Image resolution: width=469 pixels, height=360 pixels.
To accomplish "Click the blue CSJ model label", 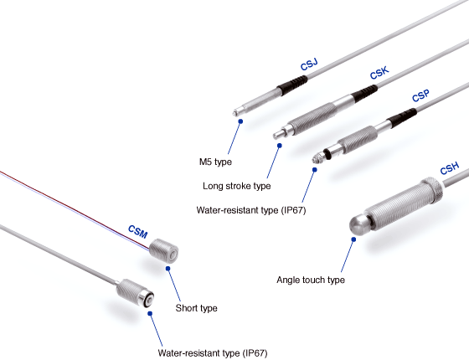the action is pyautogui.click(x=309, y=64).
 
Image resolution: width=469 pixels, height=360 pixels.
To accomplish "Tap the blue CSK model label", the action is pyautogui.click(x=379, y=73).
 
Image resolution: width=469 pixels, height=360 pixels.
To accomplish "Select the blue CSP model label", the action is pyautogui.click(x=420, y=95).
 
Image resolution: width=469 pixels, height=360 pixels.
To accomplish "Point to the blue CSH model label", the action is pyautogui.click(x=449, y=168).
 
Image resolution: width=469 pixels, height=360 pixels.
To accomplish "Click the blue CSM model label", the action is pyautogui.click(x=137, y=232).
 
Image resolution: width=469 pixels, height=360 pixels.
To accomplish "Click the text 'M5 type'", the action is pyautogui.click(x=215, y=162).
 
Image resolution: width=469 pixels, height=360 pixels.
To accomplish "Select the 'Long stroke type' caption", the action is pyautogui.click(x=236, y=186).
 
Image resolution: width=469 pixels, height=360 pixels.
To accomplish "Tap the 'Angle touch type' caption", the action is pyautogui.click(x=311, y=280).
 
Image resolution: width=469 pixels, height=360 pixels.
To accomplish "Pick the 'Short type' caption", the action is pyautogui.click(x=196, y=308).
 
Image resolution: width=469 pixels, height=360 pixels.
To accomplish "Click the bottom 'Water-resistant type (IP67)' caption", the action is pyautogui.click(x=213, y=353).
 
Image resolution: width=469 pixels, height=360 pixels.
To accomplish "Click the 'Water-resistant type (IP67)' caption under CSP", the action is pyautogui.click(x=251, y=210).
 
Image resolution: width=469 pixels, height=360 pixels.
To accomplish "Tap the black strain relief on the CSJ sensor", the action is pyautogui.click(x=292, y=85).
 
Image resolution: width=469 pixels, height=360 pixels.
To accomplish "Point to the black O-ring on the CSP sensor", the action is pyautogui.click(x=327, y=153).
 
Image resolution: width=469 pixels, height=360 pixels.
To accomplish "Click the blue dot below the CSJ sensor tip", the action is pyautogui.click(x=240, y=121).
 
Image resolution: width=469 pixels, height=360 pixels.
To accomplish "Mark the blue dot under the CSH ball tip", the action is pyautogui.click(x=353, y=239).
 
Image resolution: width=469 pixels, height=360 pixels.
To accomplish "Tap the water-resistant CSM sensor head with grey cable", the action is pyautogui.click(x=135, y=292).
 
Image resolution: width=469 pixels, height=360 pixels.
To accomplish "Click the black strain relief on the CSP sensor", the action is pyautogui.click(x=402, y=118).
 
